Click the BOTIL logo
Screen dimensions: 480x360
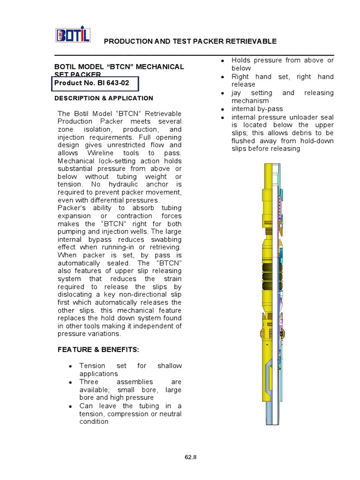point(73,35)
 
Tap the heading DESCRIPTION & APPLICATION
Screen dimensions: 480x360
point(104,98)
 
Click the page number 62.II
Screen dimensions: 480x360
point(190,457)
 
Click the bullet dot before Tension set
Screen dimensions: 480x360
point(70,366)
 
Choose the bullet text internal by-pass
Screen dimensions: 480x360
point(257,109)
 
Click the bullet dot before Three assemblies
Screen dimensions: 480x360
point(70,382)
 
